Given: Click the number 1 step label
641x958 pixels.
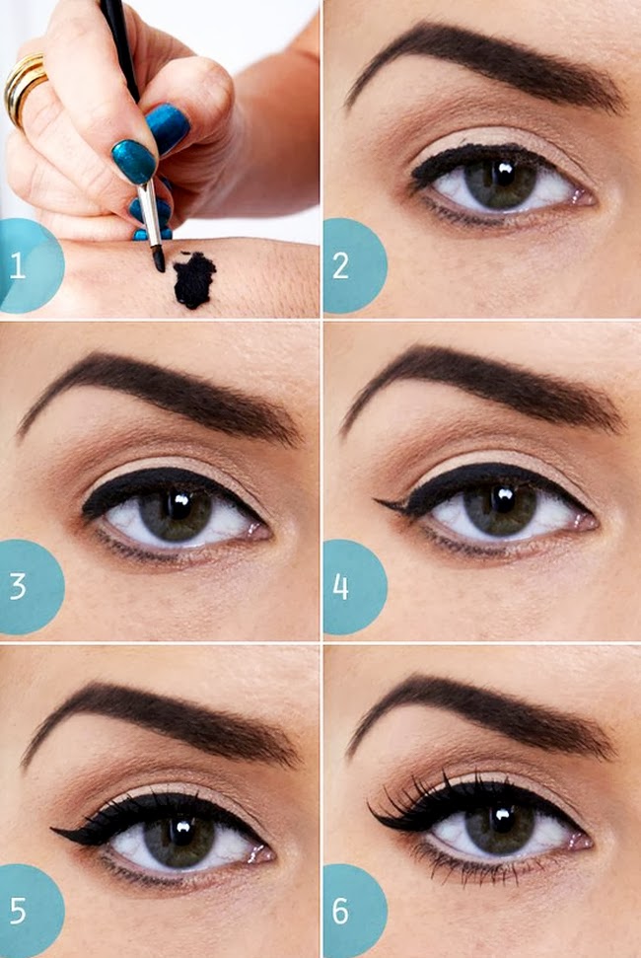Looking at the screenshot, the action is coord(17,265).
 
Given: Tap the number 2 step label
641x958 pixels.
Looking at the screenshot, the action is coord(340,265).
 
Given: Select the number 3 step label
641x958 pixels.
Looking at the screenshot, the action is coord(18,586).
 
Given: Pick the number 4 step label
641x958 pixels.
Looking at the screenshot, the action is coord(340,586).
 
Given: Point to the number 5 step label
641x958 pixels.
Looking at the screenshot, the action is coord(18,911).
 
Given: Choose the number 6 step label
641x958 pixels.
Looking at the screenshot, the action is coord(340,911).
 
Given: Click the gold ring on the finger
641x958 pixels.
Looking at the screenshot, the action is coord(24,86).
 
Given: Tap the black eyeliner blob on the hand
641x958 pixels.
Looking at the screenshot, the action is coord(194,279).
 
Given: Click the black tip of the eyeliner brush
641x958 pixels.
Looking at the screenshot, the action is coord(158,258).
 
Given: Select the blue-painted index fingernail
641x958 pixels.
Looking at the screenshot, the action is coord(134,161).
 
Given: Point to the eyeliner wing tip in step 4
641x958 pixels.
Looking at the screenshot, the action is coord(376,501).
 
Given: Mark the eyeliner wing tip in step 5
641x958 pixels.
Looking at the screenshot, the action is coord(53,829).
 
